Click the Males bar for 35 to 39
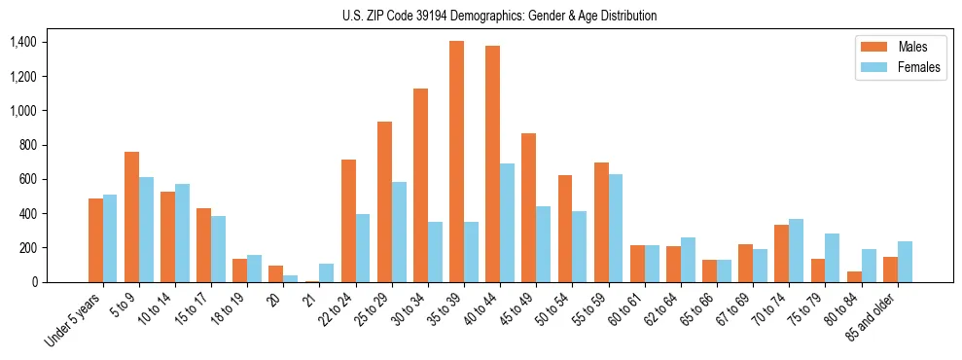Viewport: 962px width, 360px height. click(x=456, y=162)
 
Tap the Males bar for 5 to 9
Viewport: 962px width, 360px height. click(x=131, y=217)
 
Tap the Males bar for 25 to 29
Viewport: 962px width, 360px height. click(x=384, y=201)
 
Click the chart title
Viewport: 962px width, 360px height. click(x=500, y=16)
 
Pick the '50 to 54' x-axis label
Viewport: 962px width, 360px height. click(x=554, y=309)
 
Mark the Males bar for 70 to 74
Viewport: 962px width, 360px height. click(x=781, y=253)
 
